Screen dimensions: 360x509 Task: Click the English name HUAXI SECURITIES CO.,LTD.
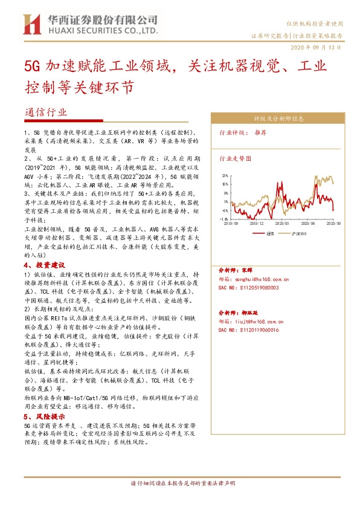pos(100,30)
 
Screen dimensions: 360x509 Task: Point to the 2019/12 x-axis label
pos(257,222)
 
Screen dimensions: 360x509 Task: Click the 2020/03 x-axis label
pos(281,222)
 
